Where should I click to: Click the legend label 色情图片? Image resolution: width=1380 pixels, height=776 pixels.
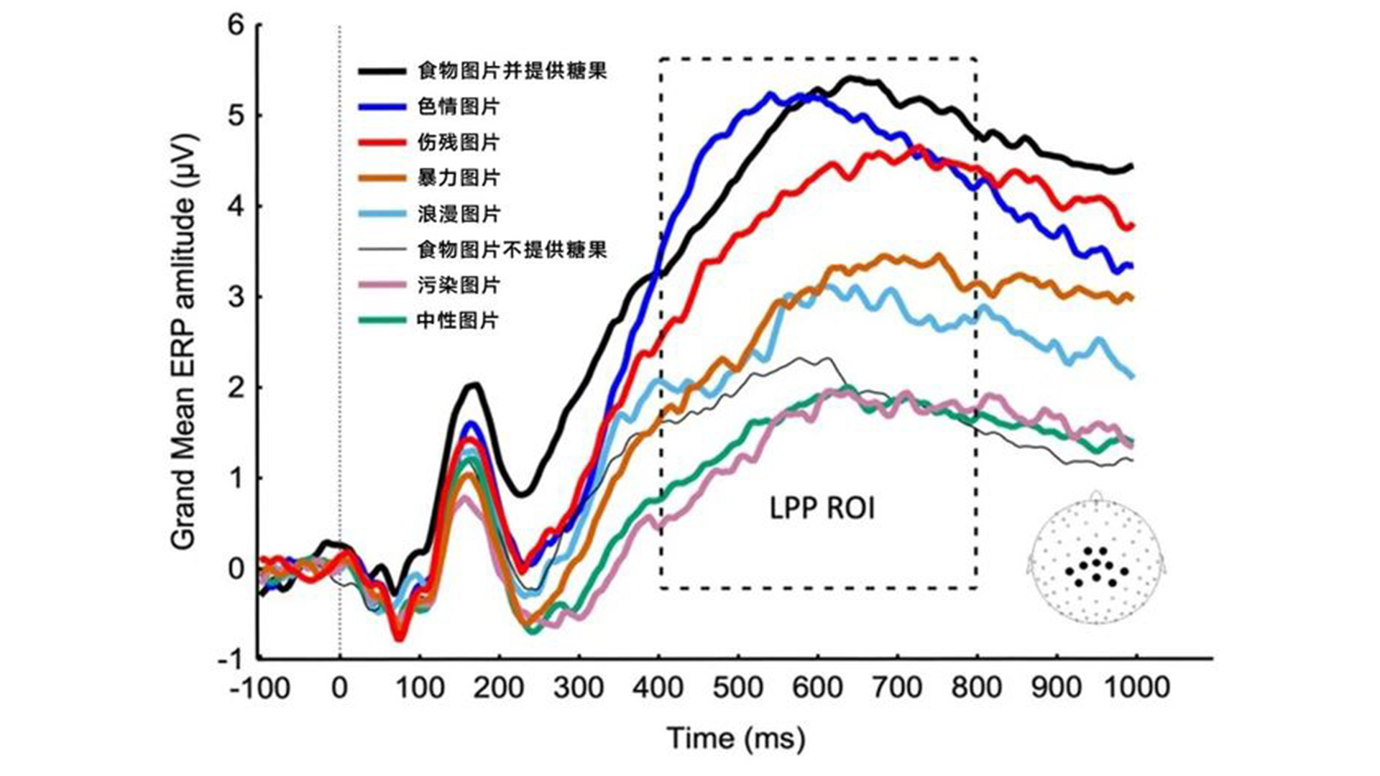point(458,107)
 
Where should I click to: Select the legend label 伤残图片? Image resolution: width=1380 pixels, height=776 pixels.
point(458,142)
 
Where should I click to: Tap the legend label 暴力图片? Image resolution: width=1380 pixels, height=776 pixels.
point(458,177)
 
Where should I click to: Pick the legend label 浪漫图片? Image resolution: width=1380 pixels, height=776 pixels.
point(458,213)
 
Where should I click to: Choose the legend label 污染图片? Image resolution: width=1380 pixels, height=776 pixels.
point(458,285)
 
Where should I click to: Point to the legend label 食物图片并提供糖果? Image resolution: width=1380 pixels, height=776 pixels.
point(512,71)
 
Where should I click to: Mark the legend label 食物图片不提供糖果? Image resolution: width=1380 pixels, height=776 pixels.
point(512,249)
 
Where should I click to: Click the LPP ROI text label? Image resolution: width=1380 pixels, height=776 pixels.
point(822,509)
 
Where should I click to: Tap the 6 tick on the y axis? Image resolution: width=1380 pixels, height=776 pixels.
point(236,26)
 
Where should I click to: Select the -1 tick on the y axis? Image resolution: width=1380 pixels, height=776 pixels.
point(231,659)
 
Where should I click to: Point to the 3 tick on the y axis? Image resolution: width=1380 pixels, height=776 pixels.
point(236,297)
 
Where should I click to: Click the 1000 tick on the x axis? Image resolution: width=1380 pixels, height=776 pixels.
point(1136,688)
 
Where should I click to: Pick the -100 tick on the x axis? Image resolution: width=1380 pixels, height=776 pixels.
point(260,688)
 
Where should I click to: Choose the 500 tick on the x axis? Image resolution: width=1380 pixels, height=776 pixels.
point(738,688)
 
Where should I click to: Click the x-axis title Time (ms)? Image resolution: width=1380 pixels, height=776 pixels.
point(736,739)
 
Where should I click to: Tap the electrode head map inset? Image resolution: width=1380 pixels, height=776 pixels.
point(1095,560)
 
